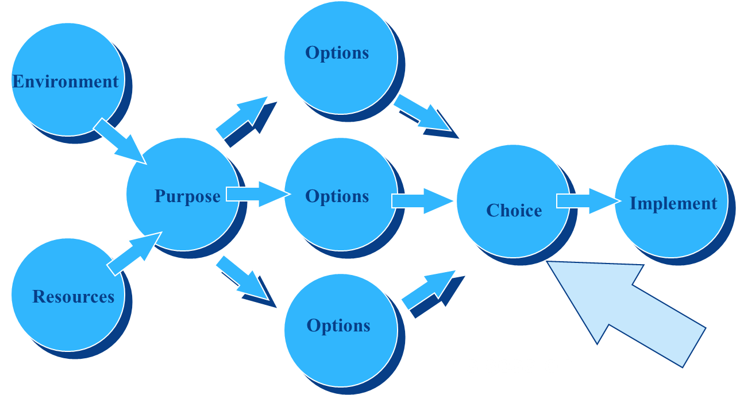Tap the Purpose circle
click(x=183, y=194)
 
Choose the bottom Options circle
click(x=340, y=330)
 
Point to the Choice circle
click(x=512, y=201)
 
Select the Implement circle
click(x=671, y=201)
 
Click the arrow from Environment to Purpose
click(x=120, y=141)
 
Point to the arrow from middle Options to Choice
click(x=423, y=200)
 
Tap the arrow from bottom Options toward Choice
click(x=429, y=290)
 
